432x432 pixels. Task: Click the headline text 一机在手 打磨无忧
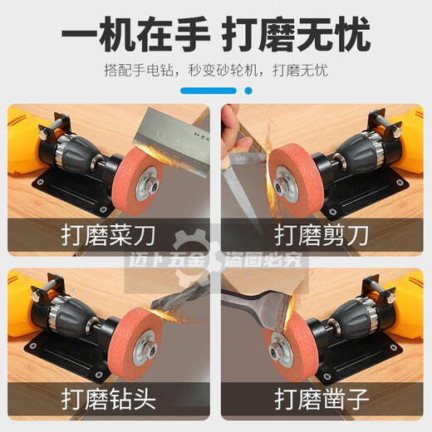[x=216, y=36]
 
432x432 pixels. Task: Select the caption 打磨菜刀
[x=110, y=234]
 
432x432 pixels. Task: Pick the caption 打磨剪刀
[x=322, y=234]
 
